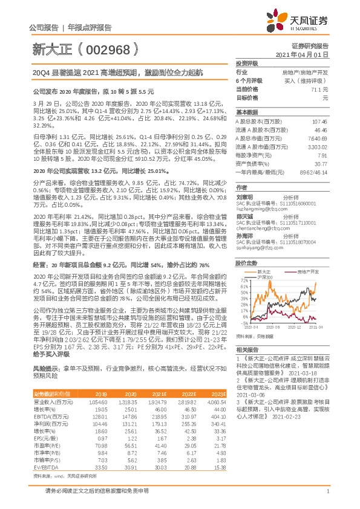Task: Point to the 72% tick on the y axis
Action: [243, 264]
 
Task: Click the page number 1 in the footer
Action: [327, 498]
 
